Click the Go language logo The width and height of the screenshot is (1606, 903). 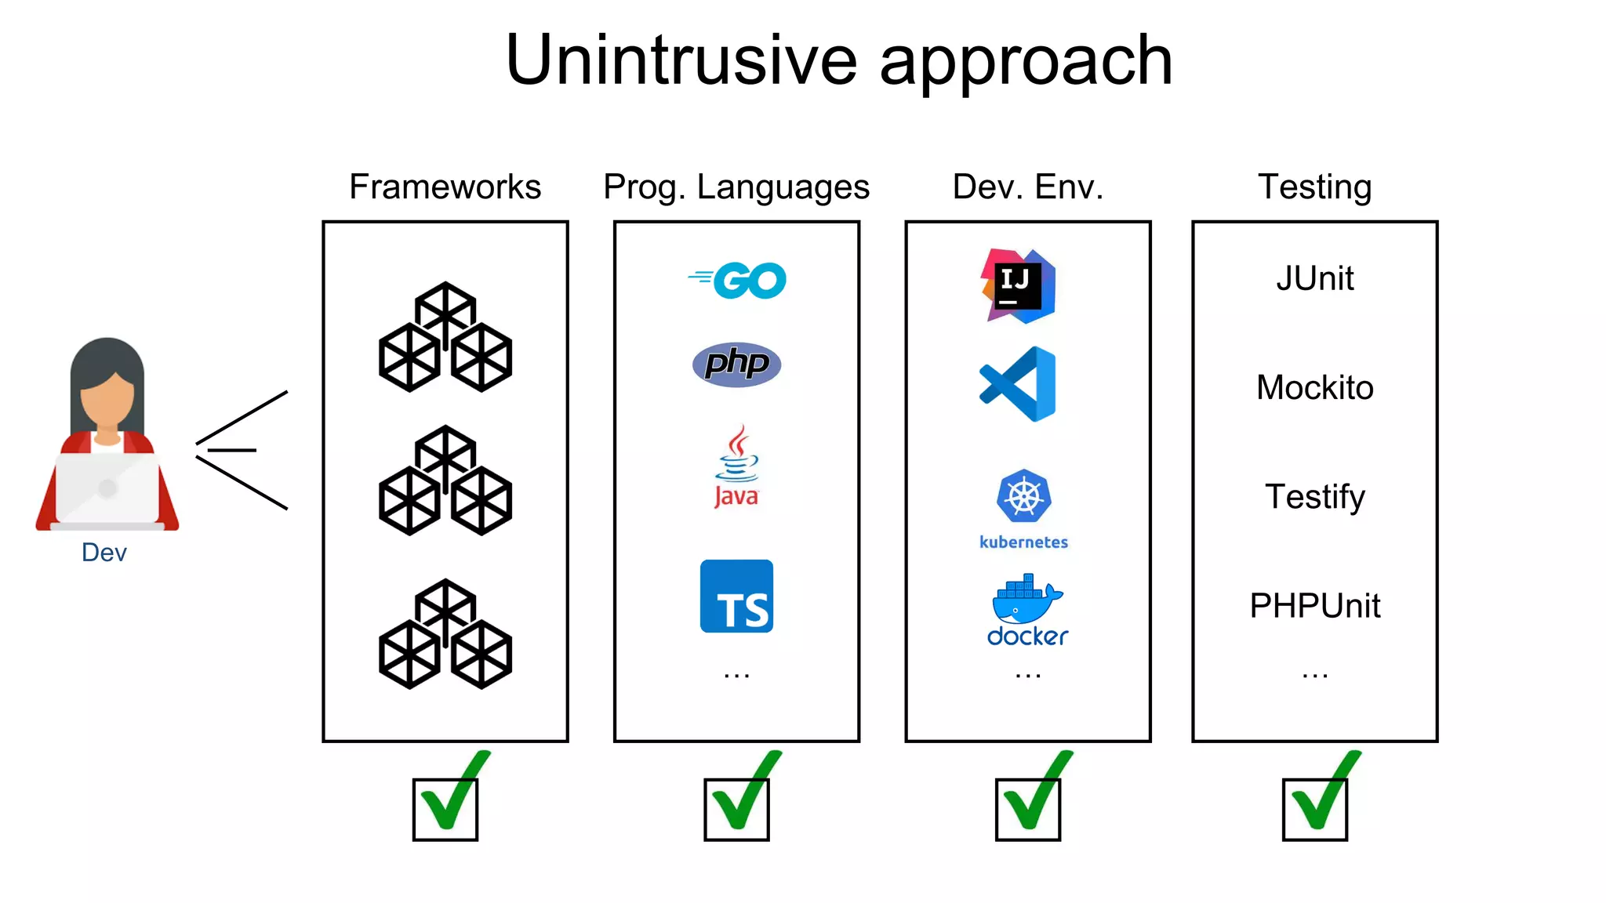(x=738, y=280)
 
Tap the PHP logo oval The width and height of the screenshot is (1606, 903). (x=736, y=364)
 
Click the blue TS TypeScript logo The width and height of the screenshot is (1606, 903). (x=736, y=596)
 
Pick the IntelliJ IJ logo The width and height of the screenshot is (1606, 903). (x=1018, y=285)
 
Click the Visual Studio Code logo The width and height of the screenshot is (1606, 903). (x=1018, y=384)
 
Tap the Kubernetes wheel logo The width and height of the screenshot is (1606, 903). (x=1023, y=497)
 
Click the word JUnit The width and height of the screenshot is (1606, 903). (x=1314, y=278)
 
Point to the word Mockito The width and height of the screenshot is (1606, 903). (x=1314, y=387)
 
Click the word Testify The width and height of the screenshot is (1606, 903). (x=1314, y=496)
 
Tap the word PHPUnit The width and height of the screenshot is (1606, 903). (x=1314, y=605)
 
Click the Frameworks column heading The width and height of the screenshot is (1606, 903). (x=445, y=187)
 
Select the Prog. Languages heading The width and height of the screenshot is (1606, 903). (x=736, y=187)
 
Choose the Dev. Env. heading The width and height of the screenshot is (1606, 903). (x=1027, y=187)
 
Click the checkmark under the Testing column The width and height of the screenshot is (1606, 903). (x=1321, y=800)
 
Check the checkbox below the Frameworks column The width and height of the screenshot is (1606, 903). (x=445, y=809)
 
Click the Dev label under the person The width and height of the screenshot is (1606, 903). (x=104, y=553)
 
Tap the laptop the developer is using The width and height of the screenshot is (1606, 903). (x=107, y=488)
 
